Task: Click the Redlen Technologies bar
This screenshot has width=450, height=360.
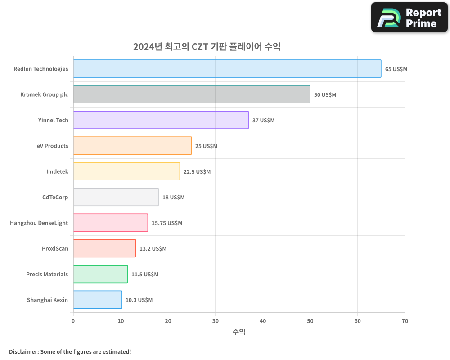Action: coord(227,69)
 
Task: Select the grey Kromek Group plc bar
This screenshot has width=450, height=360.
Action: coord(192,94)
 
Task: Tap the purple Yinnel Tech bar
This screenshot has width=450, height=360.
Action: coord(161,120)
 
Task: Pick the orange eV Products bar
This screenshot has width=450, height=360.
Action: coord(132,146)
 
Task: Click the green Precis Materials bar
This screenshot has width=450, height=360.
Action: coord(100,274)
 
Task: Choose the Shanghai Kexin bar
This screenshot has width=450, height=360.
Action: coord(98,300)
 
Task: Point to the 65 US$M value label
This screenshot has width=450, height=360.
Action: coord(396,69)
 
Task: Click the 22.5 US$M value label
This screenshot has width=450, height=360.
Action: coord(197,172)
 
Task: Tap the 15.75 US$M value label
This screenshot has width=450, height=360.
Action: coord(166,223)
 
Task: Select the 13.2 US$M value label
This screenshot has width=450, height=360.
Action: coord(153,249)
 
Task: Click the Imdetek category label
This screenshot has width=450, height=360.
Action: coord(57,171)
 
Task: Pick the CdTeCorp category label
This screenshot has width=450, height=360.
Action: coord(54,197)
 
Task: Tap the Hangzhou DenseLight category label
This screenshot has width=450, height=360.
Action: coord(39,223)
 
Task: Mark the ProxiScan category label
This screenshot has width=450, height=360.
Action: coord(55,248)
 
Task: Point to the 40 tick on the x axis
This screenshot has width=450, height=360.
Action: coord(263,321)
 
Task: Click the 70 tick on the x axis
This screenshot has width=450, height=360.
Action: coord(405,321)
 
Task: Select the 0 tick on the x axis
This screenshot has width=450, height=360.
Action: coord(73,321)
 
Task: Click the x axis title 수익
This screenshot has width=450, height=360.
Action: coord(239,332)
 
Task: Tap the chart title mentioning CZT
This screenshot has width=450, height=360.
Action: coord(207,46)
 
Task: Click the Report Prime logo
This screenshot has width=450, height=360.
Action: coord(409,18)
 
